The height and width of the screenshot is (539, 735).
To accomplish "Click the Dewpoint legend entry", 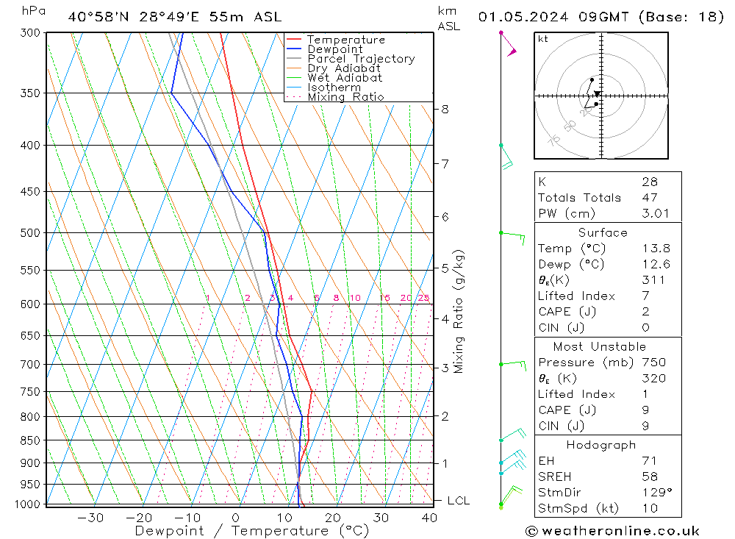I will click(335, 49).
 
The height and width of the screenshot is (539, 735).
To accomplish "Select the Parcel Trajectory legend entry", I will click(361, 59).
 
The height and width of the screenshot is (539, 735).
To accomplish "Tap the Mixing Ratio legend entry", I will click(345, 97).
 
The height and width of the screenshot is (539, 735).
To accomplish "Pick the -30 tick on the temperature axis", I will click(90, 518).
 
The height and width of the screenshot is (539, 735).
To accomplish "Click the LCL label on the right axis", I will click(458, 501).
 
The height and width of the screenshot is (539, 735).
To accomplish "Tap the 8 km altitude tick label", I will click(445, 110).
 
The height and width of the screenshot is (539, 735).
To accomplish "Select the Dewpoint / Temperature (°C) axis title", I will click(252, 531).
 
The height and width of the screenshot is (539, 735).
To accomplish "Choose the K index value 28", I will click(649, 182).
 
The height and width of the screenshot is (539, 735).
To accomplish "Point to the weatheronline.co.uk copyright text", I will click(612, 530).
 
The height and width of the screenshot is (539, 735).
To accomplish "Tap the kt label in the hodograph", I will click(542, 39).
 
